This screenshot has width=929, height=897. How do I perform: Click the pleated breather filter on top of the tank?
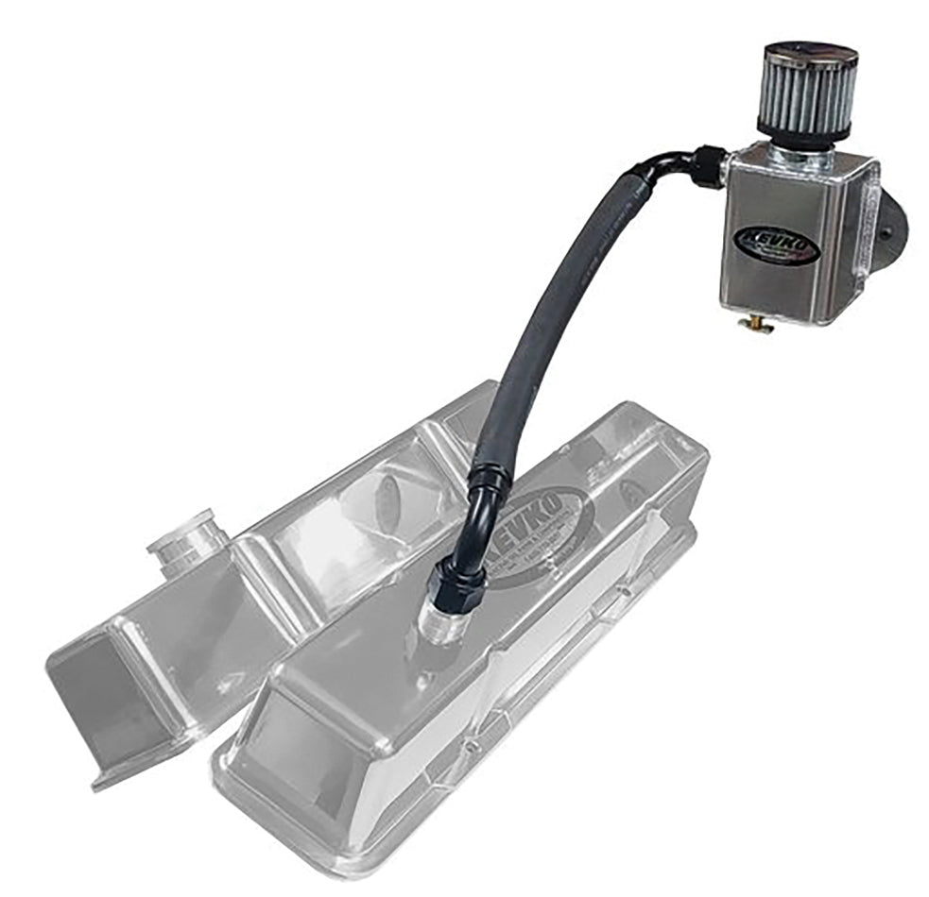coord(806,93)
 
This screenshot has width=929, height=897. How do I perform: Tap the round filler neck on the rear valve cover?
coord(187,546)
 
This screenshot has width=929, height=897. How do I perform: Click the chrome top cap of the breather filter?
coord(807,51)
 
